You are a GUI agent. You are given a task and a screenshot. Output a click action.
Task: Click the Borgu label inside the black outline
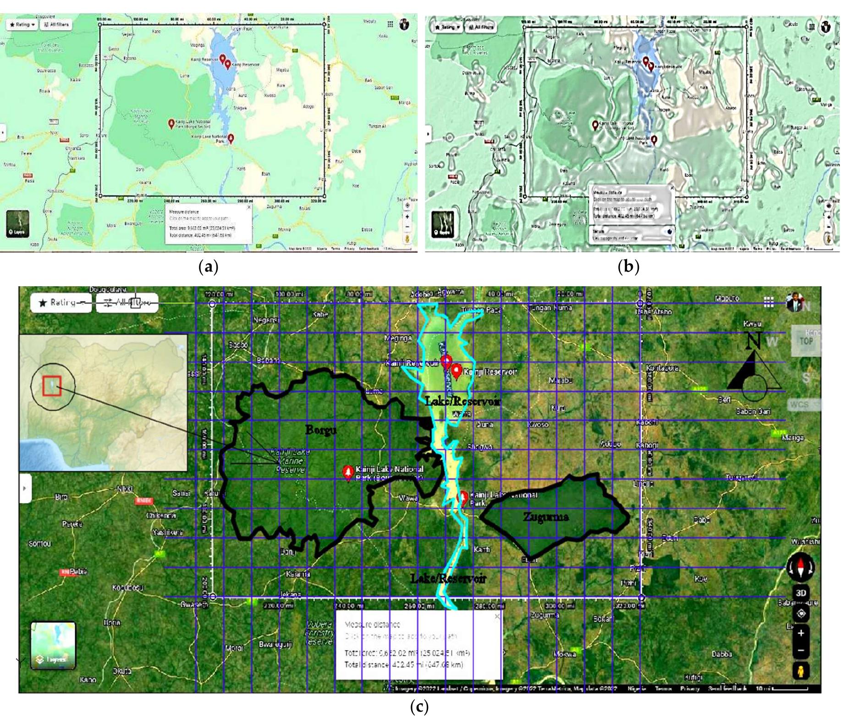pyautogui.click(x=321, y=430)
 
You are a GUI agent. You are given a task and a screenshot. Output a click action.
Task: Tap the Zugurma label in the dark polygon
pyautogui.click(x=545, y=517)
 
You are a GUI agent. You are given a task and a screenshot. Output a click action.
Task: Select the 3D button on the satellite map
pyautogui.click(x=801, y=593)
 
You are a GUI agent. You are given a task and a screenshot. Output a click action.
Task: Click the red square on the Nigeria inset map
pyautogui.click(x=52, y=386)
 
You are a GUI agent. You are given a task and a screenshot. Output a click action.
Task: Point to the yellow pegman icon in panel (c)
pyautogui.click(x=801, y=671)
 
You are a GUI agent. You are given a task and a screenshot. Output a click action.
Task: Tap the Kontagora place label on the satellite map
pyautogui.click(x=662, y=368)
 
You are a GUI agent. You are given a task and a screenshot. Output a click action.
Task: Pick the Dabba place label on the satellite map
pyautogui.click(x=721, y=654)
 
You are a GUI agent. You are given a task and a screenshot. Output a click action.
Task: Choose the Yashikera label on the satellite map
pyautogui.click(x=168, y=532)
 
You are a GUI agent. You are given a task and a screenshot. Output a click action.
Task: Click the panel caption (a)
pyautogui.click(x=209, y=267)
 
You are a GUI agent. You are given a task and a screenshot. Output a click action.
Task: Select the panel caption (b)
pyautogui.click(x=628, y=267)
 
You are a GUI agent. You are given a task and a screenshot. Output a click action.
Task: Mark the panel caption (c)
pyautogui.click(x=419, y=706)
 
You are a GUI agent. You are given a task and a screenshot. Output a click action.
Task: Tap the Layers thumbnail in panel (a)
pyautogui.click(x=18, y=224)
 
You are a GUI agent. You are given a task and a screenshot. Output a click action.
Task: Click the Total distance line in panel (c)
pyautogui.click(x=403, y=665)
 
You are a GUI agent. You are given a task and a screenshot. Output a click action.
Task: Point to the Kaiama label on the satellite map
pyautogui.click(x=297, y=574)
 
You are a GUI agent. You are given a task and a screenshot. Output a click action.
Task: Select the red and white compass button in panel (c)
pyautogui.click(x=801, y=567)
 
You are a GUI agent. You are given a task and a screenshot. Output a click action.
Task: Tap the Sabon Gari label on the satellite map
pyautogui.click(x=753, y=412)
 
